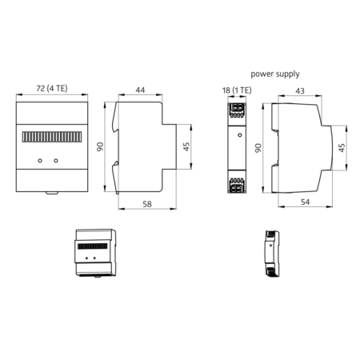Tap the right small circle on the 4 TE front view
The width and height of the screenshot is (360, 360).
click(x=56, y=161)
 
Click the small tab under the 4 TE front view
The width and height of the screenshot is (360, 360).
click(x=50, y=192)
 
